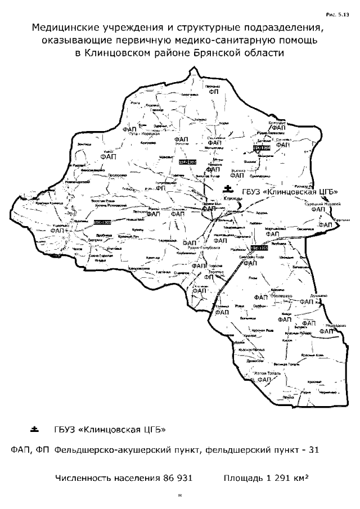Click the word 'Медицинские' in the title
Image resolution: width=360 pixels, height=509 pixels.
pyautogui.click(x=67, y=28)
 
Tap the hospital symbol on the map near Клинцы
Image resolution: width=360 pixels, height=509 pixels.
pyautogui.click(x=227, y=188)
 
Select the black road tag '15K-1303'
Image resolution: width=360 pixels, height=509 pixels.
pyautogui.click(x=102, y=223)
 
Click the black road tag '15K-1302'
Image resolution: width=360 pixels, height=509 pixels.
pyautogui.click(x=187, y=162)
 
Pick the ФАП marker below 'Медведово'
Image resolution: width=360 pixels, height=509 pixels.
pyautogui.click(x=326, y=332)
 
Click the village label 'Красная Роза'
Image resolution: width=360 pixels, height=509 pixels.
pyautogui.click(x=262, y=331)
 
